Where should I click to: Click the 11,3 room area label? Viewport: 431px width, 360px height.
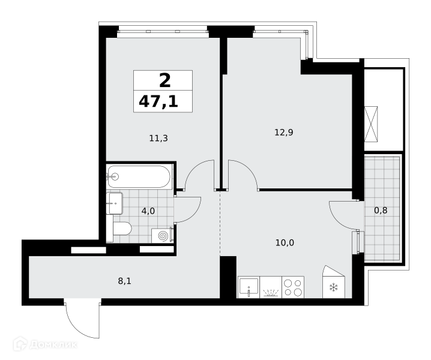(158, 138)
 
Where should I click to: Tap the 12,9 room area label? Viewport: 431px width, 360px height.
(284, 133)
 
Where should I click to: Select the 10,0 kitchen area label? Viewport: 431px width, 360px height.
(285, 243)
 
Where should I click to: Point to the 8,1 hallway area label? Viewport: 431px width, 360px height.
(124, 281)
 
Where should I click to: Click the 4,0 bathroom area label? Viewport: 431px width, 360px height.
(148, 211)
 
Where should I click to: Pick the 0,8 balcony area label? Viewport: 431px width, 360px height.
(381, 211)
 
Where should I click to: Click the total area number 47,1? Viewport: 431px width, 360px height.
(158, 101)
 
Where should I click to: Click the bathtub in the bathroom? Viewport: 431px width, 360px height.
(139, 176)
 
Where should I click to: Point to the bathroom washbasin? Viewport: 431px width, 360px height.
(115, 203)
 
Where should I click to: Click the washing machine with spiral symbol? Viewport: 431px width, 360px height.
(162, 236)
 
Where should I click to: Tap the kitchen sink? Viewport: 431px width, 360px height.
(249, 287)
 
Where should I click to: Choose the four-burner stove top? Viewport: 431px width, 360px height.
(293, 287)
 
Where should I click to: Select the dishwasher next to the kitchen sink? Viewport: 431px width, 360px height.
(271, 287)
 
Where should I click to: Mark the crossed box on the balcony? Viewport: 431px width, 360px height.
(371, 124)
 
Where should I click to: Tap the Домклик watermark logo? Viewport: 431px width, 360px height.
(46, 344)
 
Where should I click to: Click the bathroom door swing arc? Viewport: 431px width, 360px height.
(194, 213)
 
